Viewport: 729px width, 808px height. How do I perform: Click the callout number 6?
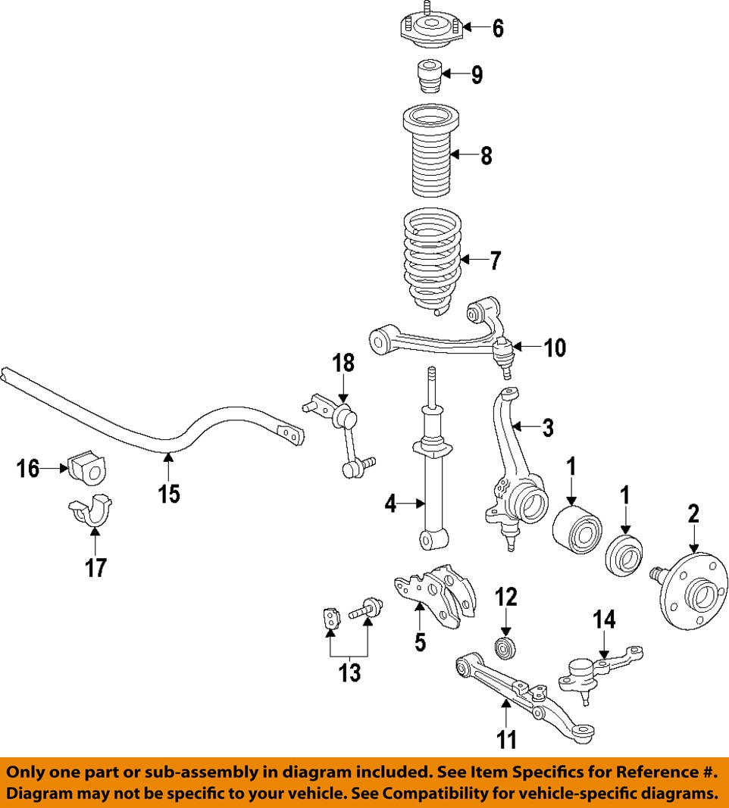(x=498, y=28)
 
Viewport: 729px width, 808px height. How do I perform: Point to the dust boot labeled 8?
(x=428, y=159)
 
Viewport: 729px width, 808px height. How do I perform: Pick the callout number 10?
(x=555, y=348)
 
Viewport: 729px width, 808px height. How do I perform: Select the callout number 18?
(x=344, y=363)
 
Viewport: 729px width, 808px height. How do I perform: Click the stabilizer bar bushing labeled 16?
(x=89, y=470)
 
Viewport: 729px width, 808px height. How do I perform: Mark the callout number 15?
(x=169, y=494)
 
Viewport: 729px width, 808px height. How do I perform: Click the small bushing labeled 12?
(x=505, y=649)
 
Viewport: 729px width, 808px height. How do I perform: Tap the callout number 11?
(x=505, y=738)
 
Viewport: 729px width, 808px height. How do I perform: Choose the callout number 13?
(x=349, y=672)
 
